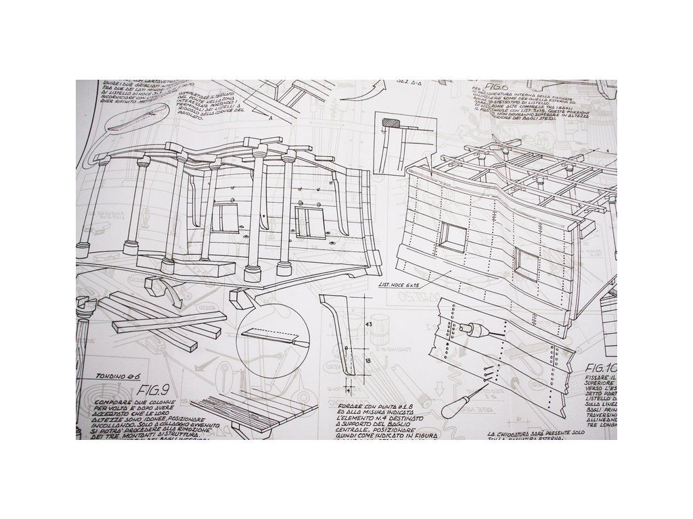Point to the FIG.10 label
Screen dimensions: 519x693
(x=601, y=368)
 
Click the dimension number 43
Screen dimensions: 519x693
(x=370, y=325)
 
